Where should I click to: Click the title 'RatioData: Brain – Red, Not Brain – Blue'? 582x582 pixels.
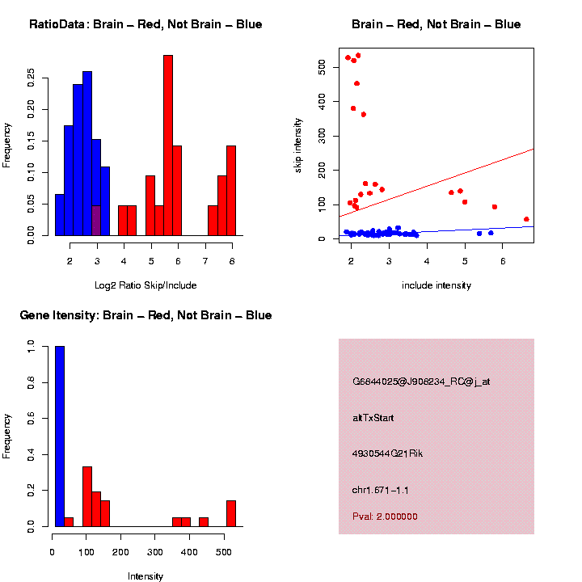[x=145, y=25]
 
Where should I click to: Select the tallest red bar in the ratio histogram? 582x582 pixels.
[x=168, y=145]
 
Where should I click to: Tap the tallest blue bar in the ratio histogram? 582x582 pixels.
[x=87, y=154]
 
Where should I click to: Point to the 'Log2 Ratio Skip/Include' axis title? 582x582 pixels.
[x=145, y=285]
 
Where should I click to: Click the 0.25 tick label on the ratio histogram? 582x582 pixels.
[x=31, y=77]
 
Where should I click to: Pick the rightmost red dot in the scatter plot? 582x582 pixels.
[x=526, y=219]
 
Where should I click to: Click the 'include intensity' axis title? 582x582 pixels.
[x=436, y=285]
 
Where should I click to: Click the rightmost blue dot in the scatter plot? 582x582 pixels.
[x=491, y=233]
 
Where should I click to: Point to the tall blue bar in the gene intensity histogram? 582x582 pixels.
[x=60, y=436]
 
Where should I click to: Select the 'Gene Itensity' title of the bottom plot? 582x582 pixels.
[x=145, y=315]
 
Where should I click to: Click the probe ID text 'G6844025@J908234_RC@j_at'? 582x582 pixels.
[x=421, y=382]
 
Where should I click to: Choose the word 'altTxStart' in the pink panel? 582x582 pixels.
[x=373, y=418]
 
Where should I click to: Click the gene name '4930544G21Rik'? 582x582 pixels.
[x=387, y=453]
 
